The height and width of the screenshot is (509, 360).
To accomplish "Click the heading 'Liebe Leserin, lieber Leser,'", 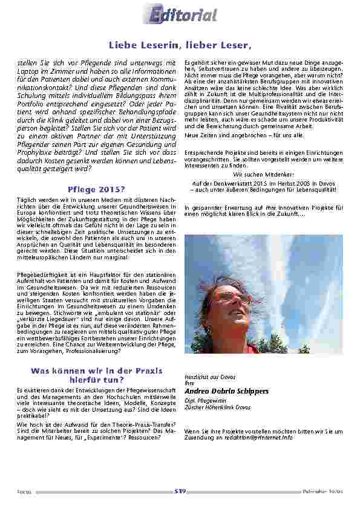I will coord(180,45).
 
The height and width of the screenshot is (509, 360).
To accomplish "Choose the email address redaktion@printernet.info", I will coord(260,436).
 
